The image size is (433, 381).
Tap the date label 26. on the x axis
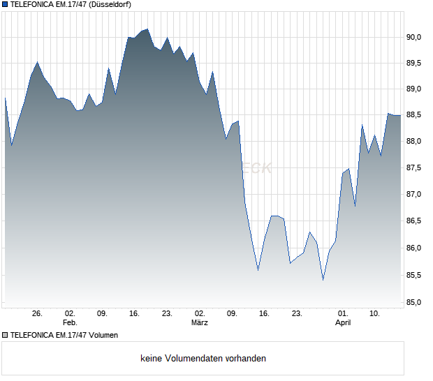[38, 314]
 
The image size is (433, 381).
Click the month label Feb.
[69, 323]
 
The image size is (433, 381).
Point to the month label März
[200, 323]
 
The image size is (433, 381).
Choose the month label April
[343, 323]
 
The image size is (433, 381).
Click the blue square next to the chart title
[5, 5]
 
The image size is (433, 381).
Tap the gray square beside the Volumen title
[5, 335]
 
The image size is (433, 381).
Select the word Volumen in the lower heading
[100, 335]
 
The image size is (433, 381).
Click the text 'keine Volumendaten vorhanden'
[203, 359]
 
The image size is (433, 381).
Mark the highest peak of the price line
[147, 29]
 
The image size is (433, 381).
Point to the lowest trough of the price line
[323, 281]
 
